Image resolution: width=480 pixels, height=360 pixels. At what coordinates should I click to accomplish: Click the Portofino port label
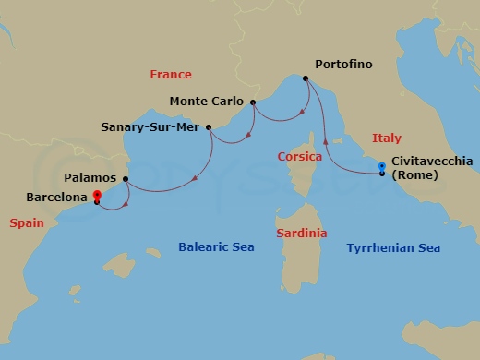(x=343, y=65)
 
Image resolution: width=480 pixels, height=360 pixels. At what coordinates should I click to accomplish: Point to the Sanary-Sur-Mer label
(x=150, y=127)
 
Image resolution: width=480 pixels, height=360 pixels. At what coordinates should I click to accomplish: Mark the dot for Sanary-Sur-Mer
(x=209, y=127)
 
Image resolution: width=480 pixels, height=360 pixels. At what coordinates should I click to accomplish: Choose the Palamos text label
(x=90, y=177)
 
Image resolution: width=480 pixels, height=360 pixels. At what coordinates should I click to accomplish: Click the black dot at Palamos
(x=125, y=178)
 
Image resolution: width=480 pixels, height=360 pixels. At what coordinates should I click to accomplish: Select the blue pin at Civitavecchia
(x=382, y=167)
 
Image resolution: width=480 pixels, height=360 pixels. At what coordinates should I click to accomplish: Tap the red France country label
(x=171, y=75)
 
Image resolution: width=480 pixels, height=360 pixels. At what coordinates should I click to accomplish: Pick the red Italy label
(x=386, y=138)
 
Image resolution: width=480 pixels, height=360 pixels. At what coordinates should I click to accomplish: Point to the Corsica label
(x=299, y=157)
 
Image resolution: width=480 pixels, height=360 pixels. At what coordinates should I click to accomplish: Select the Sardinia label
(x=301, y=234)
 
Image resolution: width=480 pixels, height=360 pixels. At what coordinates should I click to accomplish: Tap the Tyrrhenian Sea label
(x=393, y=247)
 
